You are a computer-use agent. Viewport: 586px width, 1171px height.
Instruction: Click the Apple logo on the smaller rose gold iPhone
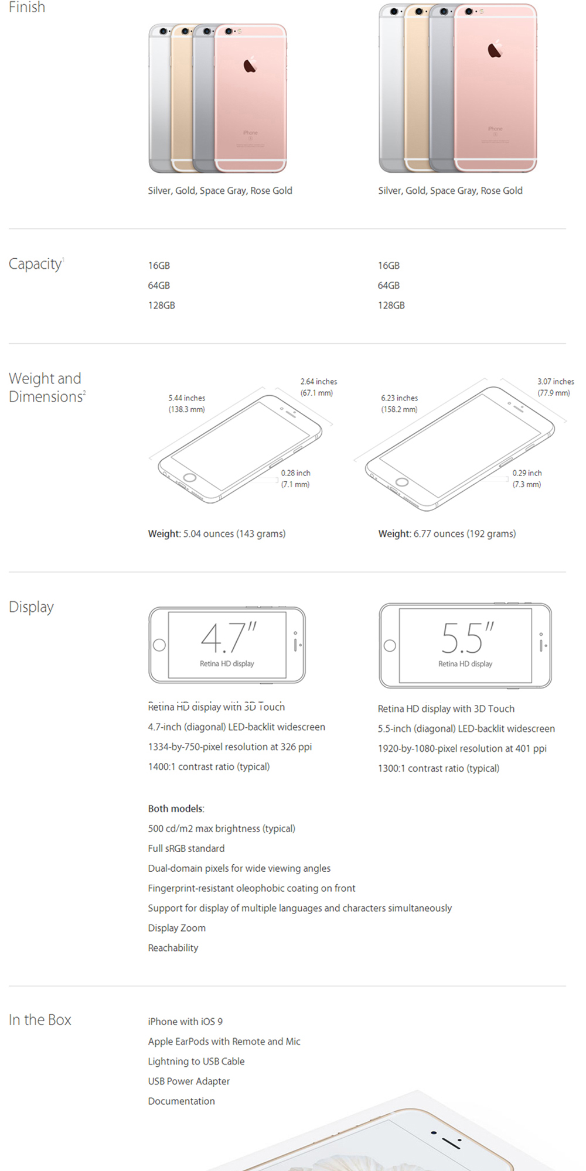click(250, 65)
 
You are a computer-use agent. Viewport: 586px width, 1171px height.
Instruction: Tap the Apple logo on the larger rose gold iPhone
click(495, 50)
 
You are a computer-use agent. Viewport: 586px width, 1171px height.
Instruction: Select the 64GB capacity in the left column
click(159, 285)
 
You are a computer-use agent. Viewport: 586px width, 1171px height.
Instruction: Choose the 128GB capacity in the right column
click(391, 305)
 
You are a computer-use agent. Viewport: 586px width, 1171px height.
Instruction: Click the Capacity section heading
click(36, 264)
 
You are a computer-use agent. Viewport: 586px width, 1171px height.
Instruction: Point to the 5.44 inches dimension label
click(187, 398)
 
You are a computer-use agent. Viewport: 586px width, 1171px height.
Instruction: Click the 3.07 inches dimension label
click(556, 381)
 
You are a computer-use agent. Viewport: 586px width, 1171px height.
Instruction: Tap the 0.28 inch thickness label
click(295, 472)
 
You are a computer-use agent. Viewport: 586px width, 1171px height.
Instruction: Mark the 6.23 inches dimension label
click(400, 398)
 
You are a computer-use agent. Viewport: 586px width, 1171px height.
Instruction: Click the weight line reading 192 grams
click(447, 533)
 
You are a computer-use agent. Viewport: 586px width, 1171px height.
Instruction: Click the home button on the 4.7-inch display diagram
click(159, 645)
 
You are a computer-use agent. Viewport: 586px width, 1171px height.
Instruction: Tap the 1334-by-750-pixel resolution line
click(230, 747)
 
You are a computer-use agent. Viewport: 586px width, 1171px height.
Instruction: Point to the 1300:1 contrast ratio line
click(438, 768)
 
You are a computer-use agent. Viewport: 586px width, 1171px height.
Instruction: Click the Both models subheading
click(176, 809)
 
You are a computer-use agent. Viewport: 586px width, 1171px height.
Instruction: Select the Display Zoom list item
click(176, 928)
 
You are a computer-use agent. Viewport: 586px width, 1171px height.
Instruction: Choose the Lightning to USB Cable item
click(196, 1062)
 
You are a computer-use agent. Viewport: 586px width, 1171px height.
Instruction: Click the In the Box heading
click(40, 1020)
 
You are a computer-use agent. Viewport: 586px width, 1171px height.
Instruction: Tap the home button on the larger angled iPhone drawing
click(402, 482)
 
